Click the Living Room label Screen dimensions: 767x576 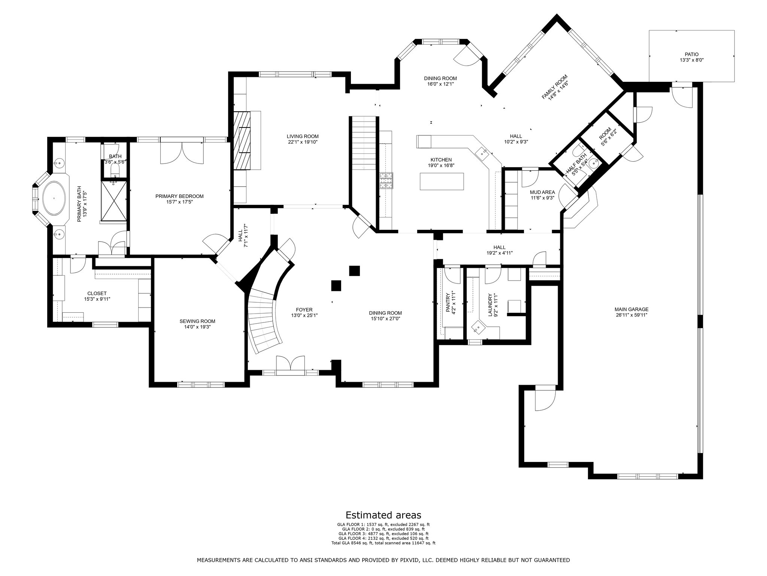(303, 136)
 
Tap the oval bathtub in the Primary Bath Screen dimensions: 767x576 (55, 198)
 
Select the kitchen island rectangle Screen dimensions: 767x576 (442, 181)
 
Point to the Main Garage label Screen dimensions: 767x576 (631, 309)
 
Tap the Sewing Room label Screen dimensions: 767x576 (197, 321)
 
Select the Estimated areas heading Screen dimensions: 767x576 (383, 515)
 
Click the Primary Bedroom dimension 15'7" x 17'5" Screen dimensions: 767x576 (179, 202)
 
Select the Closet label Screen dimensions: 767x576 (97, 293)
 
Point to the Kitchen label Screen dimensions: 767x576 (441, 160)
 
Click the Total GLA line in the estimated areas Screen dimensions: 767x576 (383, 543)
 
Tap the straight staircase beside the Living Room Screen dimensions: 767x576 (363, 142)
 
